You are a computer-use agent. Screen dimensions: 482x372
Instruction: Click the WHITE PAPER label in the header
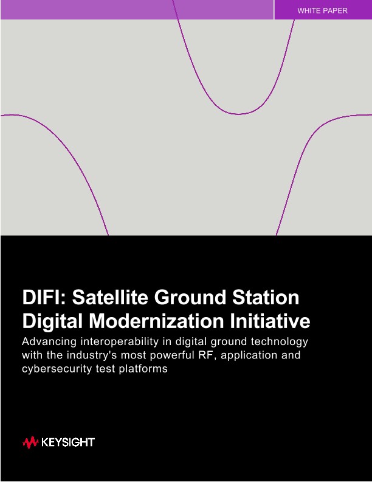pyautogui.click(x=322, y=11)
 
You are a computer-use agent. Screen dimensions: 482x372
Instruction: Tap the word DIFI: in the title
pyautogui.click(x=47, y=298)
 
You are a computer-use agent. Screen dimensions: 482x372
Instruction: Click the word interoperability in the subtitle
pyautogui.click(x=124, y=341)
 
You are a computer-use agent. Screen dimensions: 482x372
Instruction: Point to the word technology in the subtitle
pyautogui.click(x=280, y=341)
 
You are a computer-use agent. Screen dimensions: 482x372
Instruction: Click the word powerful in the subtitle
pyautogui.click(x=170, y=355)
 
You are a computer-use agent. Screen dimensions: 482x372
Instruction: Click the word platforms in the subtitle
pyautogui.click(x=143, y=368)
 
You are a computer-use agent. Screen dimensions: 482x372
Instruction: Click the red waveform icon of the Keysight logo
pyautogui.click(x=30, y=442)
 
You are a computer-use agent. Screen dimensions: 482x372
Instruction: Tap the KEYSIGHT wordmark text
pyautogui.click(x=68, y=442)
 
